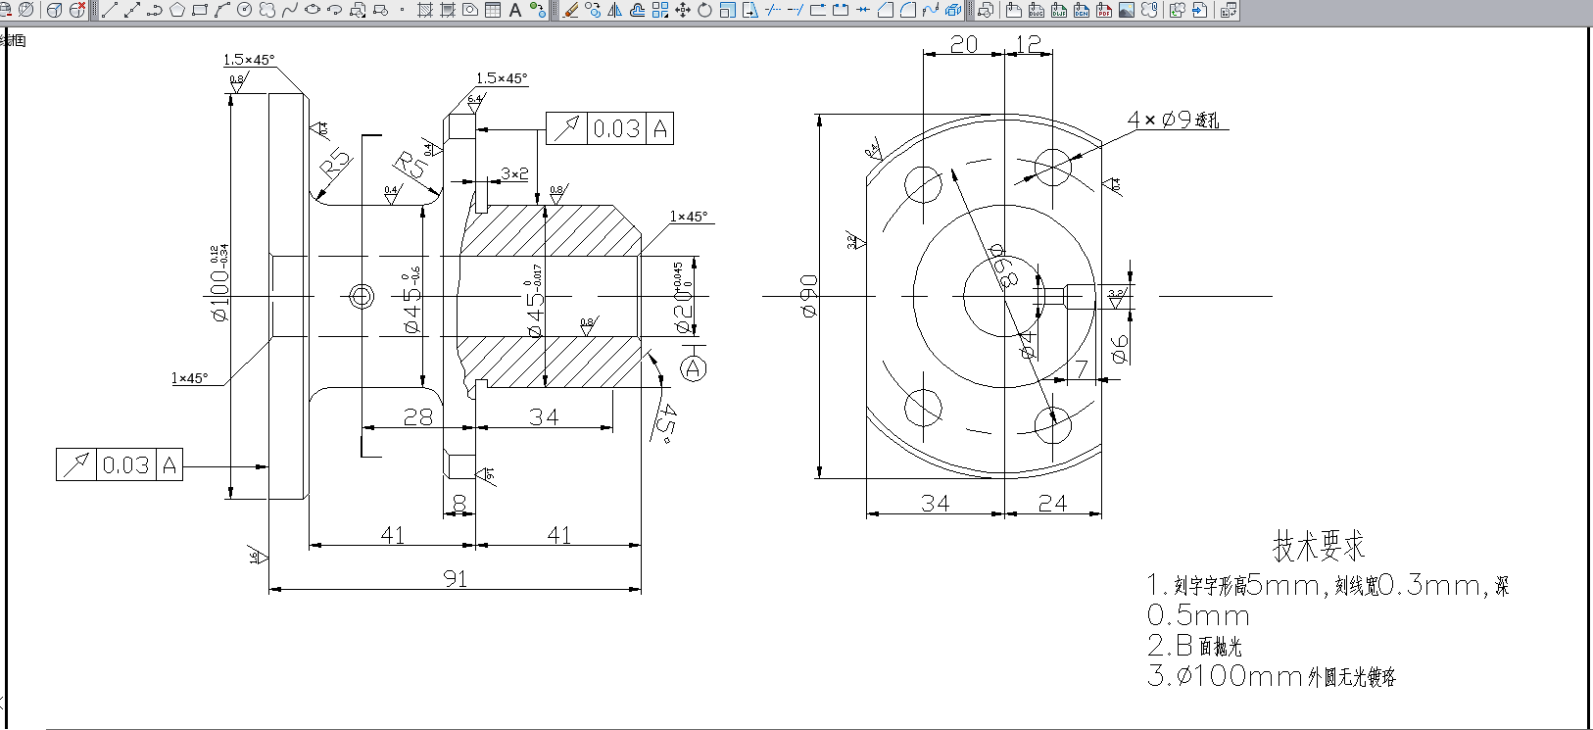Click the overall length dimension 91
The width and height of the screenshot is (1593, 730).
(455, 578)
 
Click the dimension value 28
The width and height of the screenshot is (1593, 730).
(418, 417)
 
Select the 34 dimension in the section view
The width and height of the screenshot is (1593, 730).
(544, 417)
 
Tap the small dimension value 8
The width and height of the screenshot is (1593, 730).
(459, 504)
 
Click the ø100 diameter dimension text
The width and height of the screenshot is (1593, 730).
(220, 294)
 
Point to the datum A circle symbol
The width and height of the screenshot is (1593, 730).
(694, 368)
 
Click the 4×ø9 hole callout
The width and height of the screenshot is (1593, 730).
(1173, 120)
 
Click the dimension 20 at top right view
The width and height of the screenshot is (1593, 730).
(964, 45)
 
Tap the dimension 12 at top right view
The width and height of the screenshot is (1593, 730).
(1028, 45)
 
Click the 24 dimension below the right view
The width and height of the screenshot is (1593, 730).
(1052, 504)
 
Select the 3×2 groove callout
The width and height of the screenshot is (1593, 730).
(514, 173)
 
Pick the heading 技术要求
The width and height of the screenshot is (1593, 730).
(1318, 546)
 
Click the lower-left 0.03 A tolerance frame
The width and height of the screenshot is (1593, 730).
(120, 464)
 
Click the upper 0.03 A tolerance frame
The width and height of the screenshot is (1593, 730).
(609, 128)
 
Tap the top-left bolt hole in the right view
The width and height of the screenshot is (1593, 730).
(923, 183)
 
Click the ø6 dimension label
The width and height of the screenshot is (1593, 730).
(1120, 347)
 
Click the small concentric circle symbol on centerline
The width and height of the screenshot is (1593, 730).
(361, 295)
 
